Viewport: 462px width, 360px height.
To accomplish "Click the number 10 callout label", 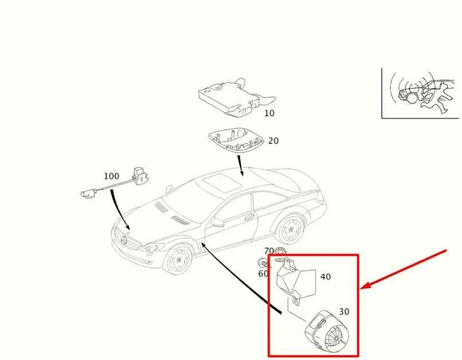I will (x=269, y=113).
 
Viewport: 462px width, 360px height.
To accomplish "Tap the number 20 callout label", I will (x=274, y=141).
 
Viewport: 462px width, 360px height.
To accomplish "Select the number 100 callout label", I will (x=111, y=176).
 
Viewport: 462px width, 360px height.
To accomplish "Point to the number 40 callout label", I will (x=325, y=277).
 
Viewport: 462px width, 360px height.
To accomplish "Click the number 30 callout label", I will (x=343, y=312).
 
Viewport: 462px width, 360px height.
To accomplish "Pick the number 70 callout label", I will (x=269, y=251).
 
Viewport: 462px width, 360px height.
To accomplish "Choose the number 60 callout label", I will (x=263, y=274).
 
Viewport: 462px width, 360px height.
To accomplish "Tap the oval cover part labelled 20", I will (x=236, y=141).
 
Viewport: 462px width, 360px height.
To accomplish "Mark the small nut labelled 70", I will (x=279, y=251).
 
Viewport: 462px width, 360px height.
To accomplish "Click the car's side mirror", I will (x=218, y=222).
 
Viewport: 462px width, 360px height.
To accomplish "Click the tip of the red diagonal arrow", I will (x=362, y=288).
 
